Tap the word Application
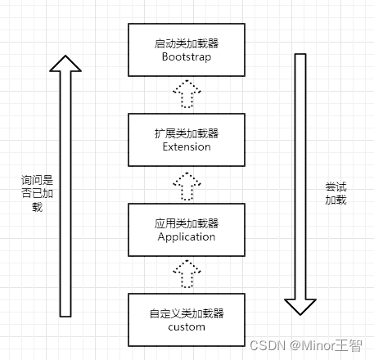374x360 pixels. [186, 236]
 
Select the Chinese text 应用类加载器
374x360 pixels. [186, 223]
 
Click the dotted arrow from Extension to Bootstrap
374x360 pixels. [186, 95]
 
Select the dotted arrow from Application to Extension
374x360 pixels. [186, 185]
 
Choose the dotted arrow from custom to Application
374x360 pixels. [186, 274]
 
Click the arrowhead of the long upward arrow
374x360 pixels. [65, 64]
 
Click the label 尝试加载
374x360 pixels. [335, 193]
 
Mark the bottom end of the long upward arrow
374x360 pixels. [65, 313]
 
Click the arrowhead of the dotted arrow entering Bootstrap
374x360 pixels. [186, 84]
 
